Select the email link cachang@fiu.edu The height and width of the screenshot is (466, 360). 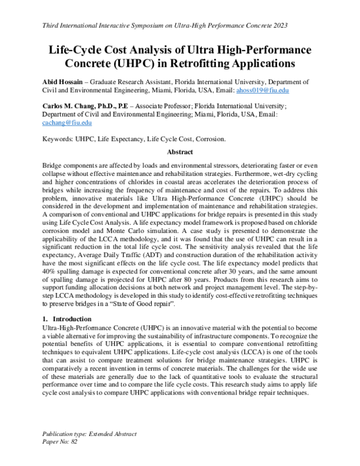[67, 122]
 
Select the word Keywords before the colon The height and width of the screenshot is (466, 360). [56, 138]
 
